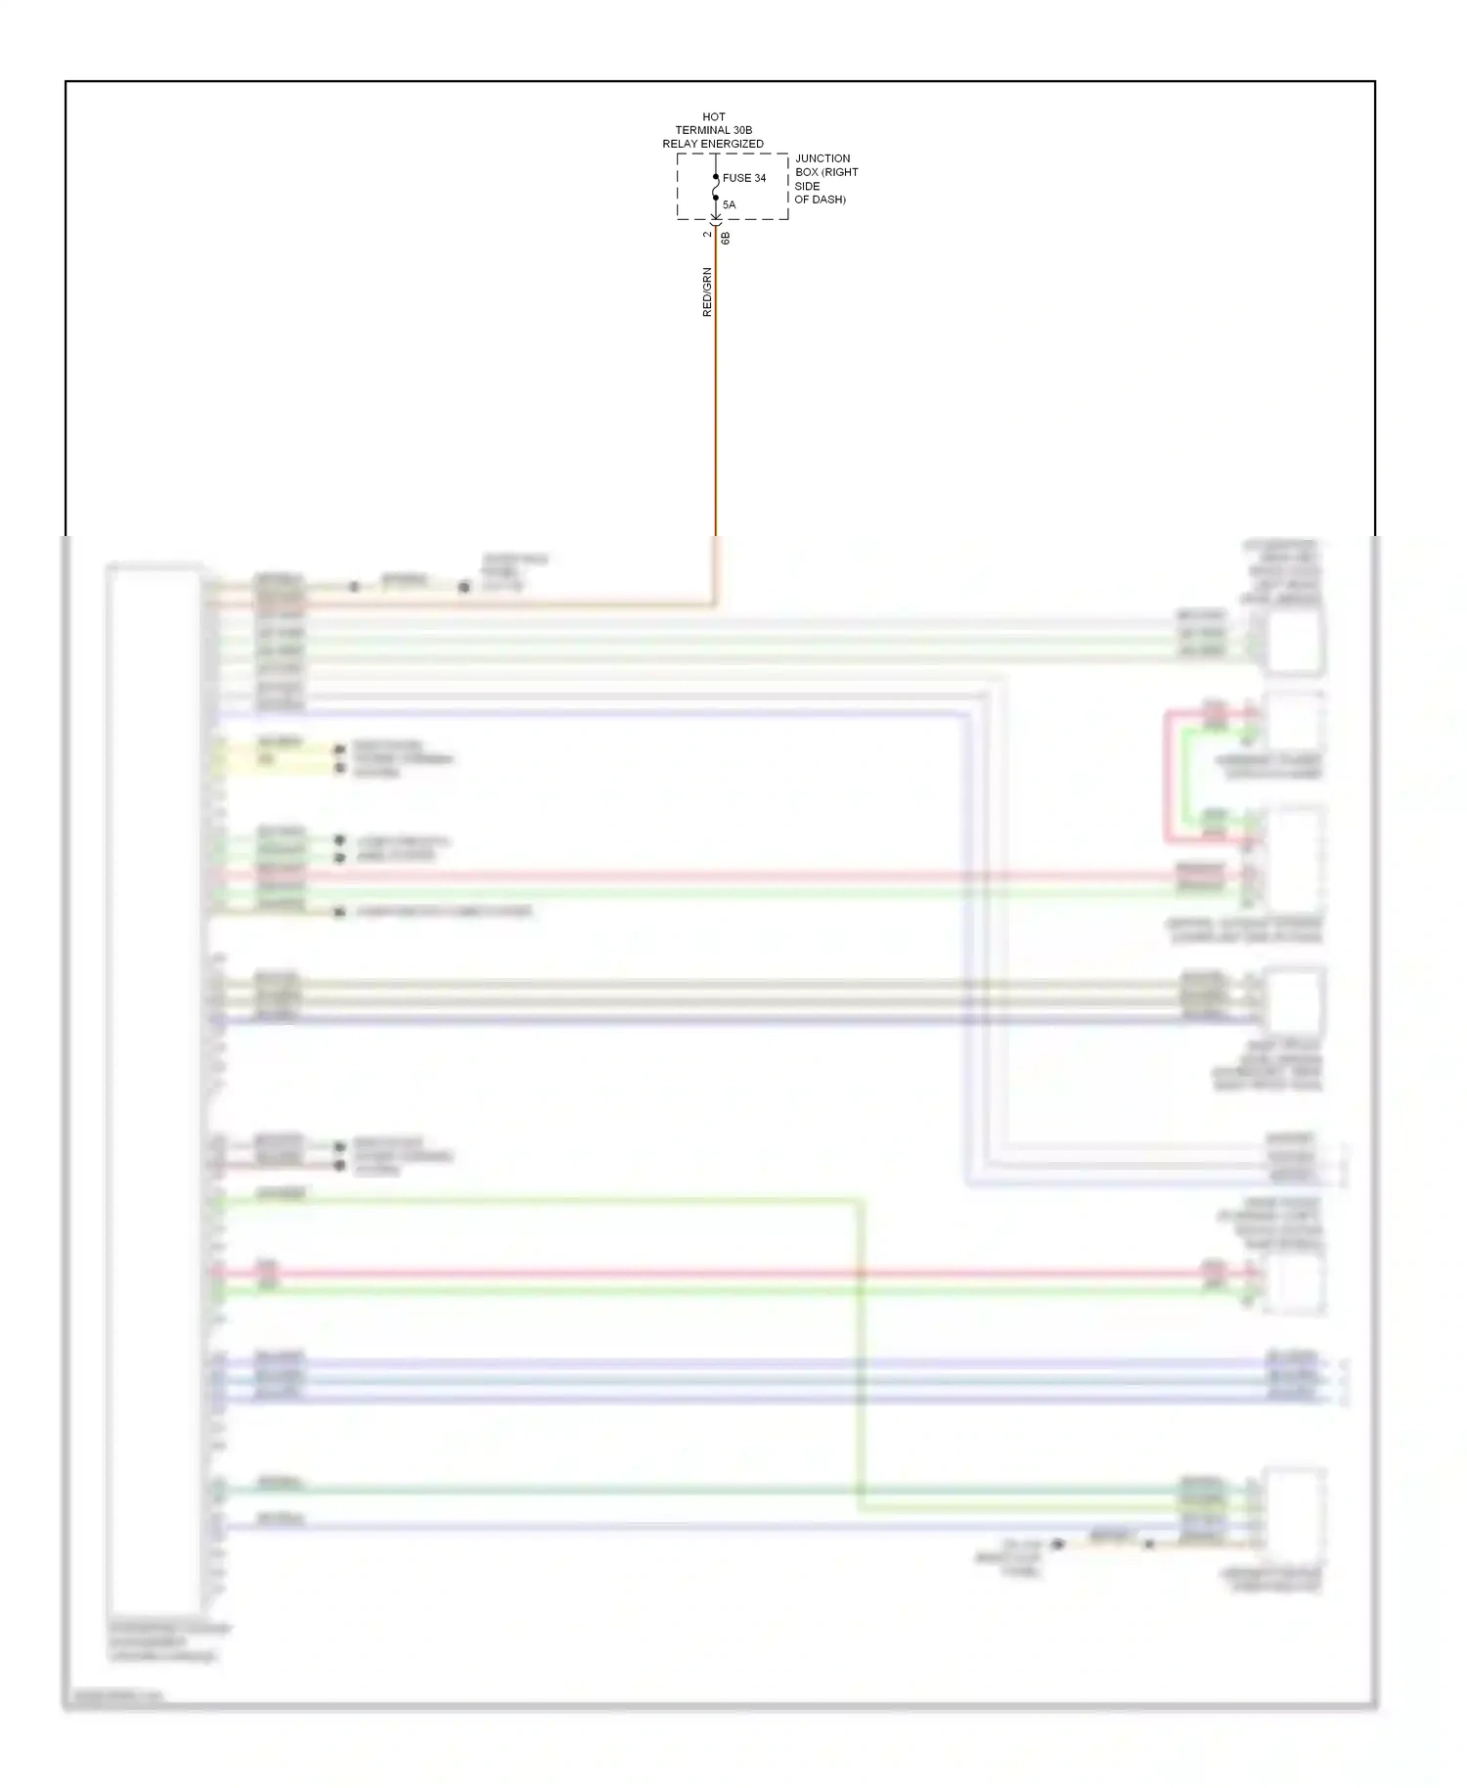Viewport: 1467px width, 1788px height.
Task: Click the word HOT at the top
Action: pos(713,116)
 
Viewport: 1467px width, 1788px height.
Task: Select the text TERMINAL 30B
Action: pos(713,130)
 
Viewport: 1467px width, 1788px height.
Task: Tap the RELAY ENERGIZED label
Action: pos(713,144)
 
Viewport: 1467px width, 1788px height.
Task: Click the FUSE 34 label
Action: pos(744,178)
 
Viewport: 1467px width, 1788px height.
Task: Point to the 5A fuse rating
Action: pos(729,204)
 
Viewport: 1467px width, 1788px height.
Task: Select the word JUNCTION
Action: pos(822,158)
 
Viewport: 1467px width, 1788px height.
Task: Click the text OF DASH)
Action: pos(820,200)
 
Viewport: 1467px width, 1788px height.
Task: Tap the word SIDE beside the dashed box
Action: pos(807,186)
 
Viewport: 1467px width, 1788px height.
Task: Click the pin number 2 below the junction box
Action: pos(707,235)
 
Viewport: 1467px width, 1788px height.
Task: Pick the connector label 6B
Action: pos(726,238)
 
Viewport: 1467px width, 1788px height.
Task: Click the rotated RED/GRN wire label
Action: pos(707,291)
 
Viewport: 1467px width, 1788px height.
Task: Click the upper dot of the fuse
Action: pos(716,177)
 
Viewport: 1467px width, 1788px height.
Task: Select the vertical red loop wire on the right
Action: pos(1166,778)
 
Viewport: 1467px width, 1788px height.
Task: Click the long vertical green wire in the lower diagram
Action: pos(861,1355)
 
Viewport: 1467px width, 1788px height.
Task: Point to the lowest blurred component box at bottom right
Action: pos(1294,1515)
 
